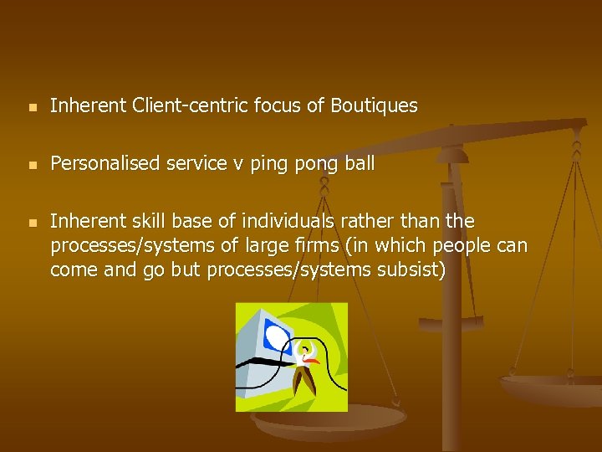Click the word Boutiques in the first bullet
point(374,106)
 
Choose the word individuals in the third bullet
point(283,222)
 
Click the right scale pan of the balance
point(552,386)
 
